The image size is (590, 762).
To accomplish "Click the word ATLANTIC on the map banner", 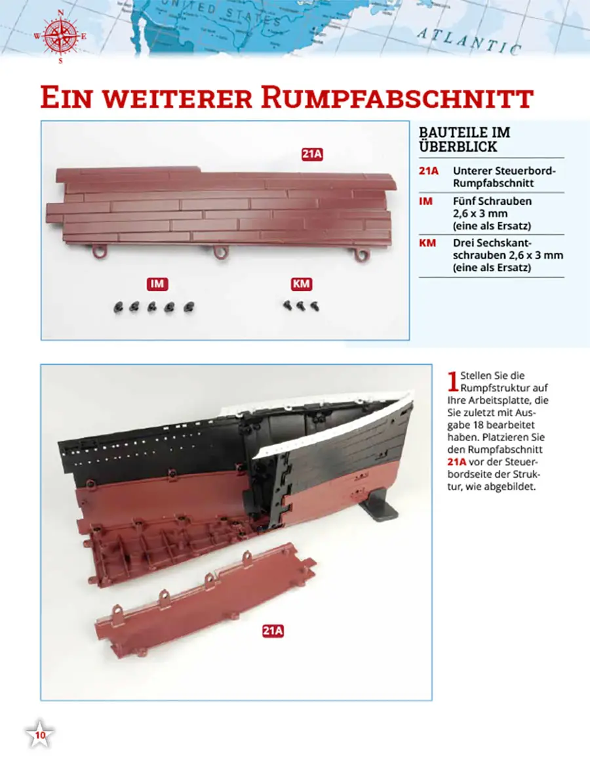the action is (x=469, y=40).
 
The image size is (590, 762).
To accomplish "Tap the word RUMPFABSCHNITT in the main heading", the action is (x=397, y=97).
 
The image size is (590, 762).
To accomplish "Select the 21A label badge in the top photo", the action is (x=312, y=154).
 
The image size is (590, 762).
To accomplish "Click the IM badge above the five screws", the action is (x=157, y=284).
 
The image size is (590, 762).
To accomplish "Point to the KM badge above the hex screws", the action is (x=302, y=284).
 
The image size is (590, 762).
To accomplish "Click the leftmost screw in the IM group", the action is (x=118, y=308).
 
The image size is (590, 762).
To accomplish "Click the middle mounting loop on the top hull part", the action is (x=221, y=253).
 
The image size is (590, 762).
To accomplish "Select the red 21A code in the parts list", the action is (x=429, y=171).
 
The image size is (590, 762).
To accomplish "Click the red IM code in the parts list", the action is (x=425, y=201).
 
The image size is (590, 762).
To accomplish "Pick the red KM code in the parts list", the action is (x=427, y=243).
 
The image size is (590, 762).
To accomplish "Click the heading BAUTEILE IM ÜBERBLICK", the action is (x=464, y=140).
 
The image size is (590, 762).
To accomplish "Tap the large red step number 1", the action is (x=452, y=381).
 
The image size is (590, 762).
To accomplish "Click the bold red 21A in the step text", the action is (x=456, y=462).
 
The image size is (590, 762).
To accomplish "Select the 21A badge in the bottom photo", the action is (x=273, y=631).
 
